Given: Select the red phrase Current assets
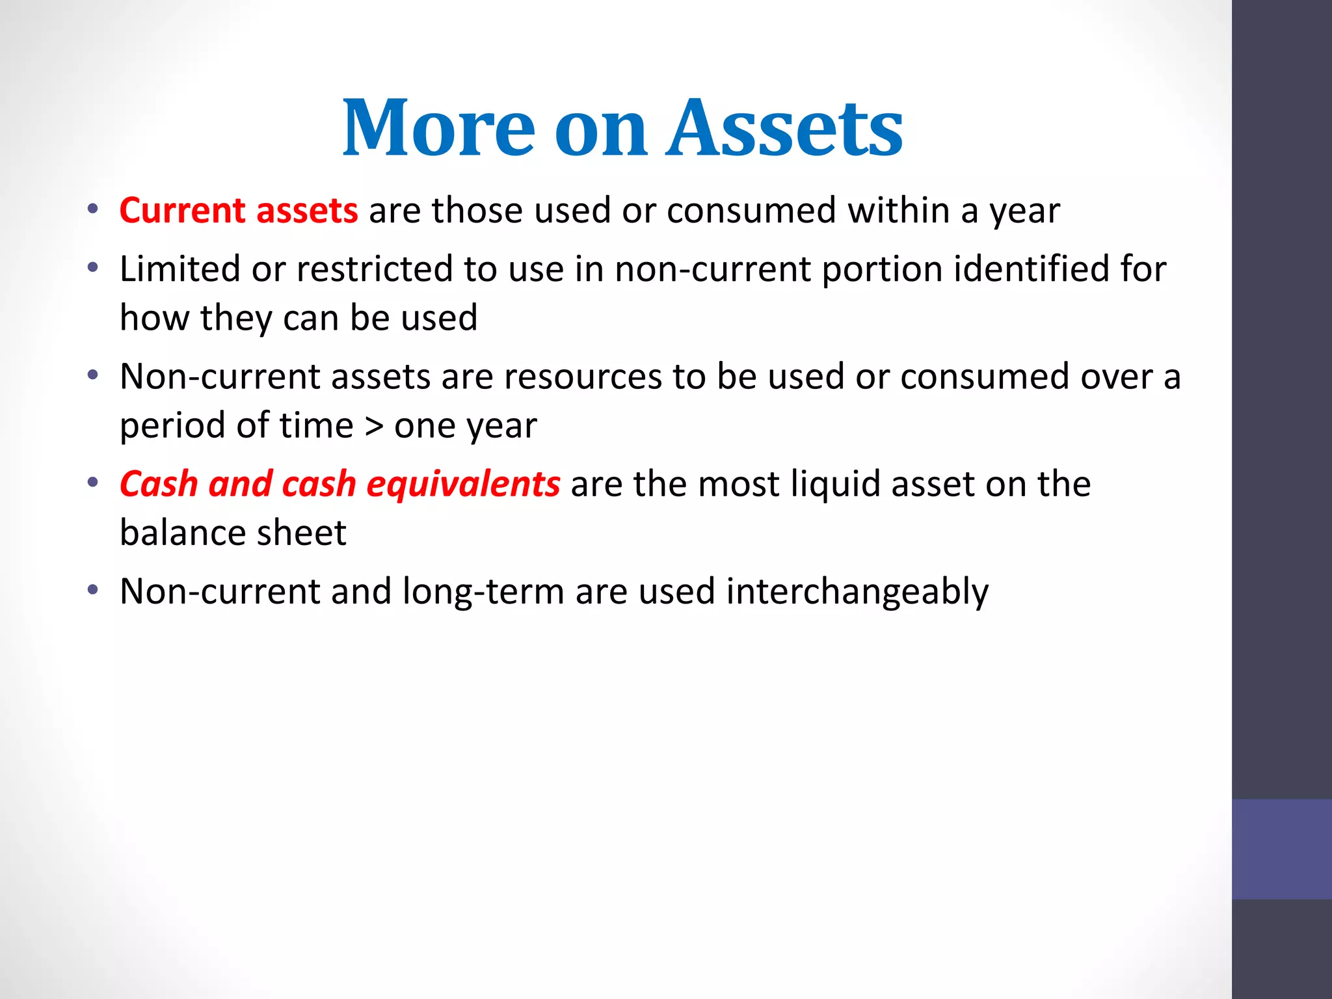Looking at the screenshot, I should tap(239, 211).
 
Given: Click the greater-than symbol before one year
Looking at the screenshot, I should tap(374, 426).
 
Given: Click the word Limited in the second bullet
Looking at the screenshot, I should tap(180, 269).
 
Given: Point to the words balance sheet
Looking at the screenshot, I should tap(233, 533).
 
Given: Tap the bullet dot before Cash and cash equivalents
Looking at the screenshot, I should tap(93, 483).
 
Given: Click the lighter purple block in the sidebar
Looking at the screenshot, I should tap(1281, 849).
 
